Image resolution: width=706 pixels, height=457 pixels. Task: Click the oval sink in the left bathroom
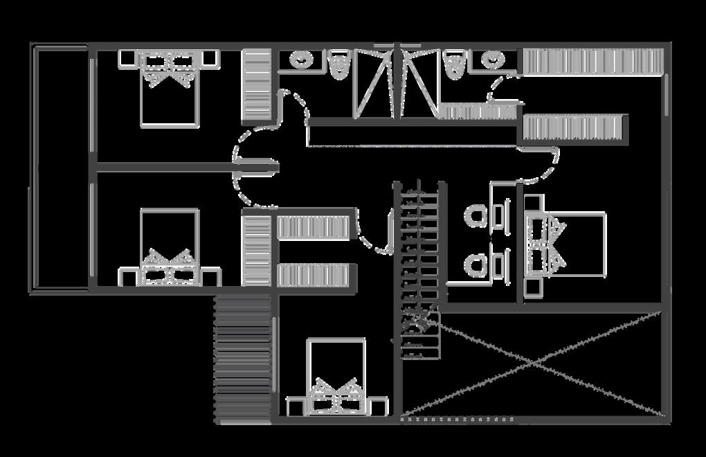pos(301,60)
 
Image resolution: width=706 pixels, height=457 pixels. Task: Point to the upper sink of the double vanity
pos(477,217)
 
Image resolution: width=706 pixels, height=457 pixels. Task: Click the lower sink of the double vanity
pos(477,264)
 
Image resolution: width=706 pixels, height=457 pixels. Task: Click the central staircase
pos(417,270)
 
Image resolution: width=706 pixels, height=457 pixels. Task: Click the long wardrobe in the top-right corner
pos(592,62)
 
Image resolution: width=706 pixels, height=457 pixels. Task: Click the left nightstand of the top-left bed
pos(129,59)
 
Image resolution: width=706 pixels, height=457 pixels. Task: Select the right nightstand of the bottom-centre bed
pos(378,406)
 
